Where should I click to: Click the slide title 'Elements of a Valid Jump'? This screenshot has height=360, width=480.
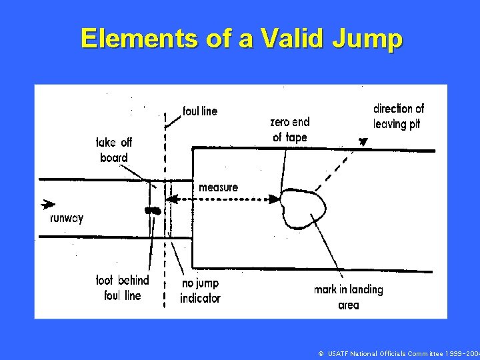tap(241, 39)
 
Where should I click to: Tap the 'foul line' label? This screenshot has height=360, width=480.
tap(200, 111)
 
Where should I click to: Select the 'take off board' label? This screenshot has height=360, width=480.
tap(115, 150)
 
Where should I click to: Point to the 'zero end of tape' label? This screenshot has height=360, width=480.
tap(290, 129)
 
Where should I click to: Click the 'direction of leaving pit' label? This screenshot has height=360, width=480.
tap(398, 116)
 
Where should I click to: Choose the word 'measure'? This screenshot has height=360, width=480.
tap(218, 187)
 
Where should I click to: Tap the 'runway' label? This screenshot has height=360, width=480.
tap(67, 218)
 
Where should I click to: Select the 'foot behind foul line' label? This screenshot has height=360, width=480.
tap(123, 287)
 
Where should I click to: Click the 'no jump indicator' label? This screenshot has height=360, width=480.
tap(200, 291)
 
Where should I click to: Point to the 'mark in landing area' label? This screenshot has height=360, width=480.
tap(348, 297)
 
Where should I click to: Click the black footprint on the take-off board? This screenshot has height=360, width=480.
tap(153, 211)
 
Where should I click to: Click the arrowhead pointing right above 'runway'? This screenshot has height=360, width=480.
tap(47, 205)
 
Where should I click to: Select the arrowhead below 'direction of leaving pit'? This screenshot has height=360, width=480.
tap(363, 141)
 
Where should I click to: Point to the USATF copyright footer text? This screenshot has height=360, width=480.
tap(398, 353)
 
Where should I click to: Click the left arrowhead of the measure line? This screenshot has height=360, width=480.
tap(171, 199)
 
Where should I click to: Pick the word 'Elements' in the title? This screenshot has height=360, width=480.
tap(139, 39)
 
